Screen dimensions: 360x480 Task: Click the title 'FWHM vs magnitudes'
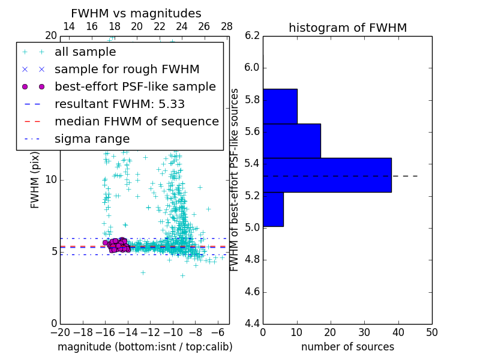pyautogui.click(x=136, y=14)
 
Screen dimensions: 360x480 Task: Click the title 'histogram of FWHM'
pyautogui.click(x=347, y=28)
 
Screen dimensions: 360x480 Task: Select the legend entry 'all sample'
pyautogui.click(x=85, y=52)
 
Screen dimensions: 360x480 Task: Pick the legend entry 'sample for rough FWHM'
pyautogui.click(x=127, y=70)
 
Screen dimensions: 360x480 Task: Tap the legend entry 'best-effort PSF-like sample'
pyautogui.click(x=135, y=87)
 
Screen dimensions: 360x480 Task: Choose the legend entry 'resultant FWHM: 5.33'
pyautogui.click(x=119, y=104)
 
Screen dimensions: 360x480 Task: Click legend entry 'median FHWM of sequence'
pyautogui.click(x=136, y=122)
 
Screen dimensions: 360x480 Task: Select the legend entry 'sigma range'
pyautogui.click(x=92, y=139)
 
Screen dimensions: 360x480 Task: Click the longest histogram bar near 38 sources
pyautogui.click(x=327, y=175)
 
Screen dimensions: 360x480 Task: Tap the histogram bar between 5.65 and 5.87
pyautogui.click(x=280, y=106)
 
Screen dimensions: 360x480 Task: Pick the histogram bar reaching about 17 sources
pyautogui.click(x=292, y=141)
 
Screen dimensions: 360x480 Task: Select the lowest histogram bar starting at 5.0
pyautogui.click(x=273, y=209)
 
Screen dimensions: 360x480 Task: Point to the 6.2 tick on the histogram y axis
pyautogui.click(x=252, y=35)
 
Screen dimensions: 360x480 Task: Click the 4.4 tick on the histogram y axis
pyautogui.click(x=252, y=324)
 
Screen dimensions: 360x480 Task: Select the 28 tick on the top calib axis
pyautogui.click(x=227, y=26)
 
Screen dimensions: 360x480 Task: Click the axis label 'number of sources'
pyautogui.click(x=347, y=347)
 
